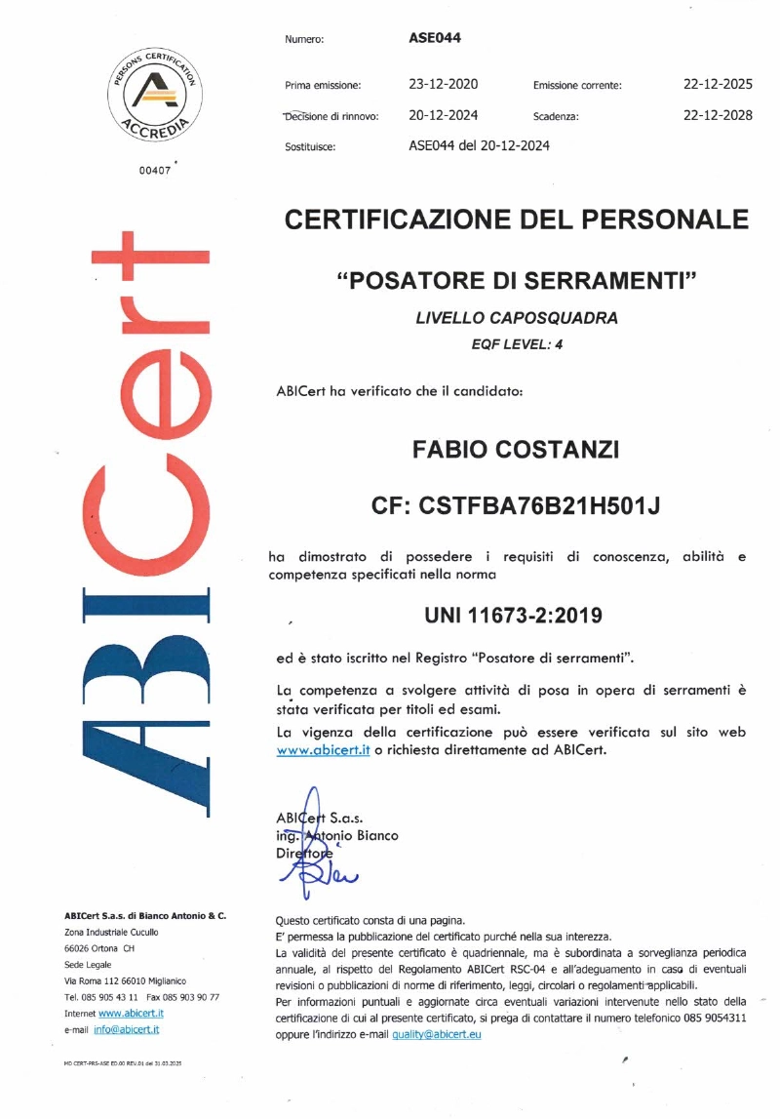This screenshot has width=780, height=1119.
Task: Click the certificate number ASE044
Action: [x=435, y=39]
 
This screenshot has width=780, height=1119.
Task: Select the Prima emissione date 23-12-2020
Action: [x=443, y=85]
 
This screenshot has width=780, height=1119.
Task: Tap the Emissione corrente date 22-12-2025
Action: [x=718, y=85]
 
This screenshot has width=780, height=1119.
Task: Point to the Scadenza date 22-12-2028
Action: [x=718, y=115]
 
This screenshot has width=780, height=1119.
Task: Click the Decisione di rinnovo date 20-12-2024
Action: [x=443, y=115]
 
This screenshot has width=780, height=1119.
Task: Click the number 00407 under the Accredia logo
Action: [x=156, y=169]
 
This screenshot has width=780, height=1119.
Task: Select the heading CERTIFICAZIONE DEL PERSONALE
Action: [x=517, y=219]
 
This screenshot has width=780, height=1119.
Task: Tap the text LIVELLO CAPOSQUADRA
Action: [x=517, y=318]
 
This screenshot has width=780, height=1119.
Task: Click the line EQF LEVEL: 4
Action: [x=517, y=342]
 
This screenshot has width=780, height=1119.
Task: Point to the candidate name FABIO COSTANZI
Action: [x=517, y=451]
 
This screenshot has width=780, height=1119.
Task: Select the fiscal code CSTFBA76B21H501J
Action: [x=517, y=506]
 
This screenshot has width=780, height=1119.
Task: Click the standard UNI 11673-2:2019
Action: [x=514, y=616]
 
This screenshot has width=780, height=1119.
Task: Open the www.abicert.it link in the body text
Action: [x=322, y=751]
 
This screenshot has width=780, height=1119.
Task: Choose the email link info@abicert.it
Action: [x=127, y=1029]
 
